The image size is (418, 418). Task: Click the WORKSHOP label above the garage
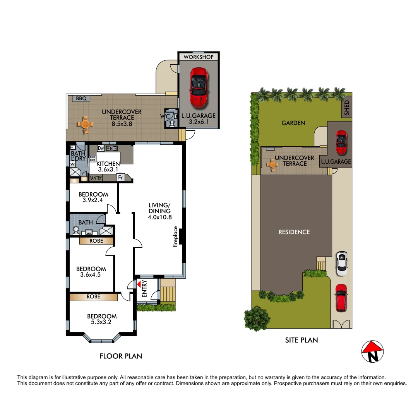tap(199, 57)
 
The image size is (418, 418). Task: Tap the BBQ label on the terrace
tap(81, 99)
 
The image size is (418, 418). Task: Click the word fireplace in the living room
tap(175, 236)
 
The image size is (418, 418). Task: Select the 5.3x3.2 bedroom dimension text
tap(101, 322)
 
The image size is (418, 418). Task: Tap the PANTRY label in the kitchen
tap(96, 178)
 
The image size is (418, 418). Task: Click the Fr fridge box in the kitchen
tap(121, 178)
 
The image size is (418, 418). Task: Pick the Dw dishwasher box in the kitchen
tap(101, 148)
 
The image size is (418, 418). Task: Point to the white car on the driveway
tap(341, 264)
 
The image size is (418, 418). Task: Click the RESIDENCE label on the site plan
tap(294, 232)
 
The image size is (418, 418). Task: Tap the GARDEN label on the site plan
tap(293, 123)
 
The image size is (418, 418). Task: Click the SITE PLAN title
tap(301, 340)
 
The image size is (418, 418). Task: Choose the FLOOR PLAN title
tap(121, 356)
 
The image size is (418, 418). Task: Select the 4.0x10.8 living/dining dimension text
tap(159, 218)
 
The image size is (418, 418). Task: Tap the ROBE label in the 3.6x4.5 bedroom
tap(96, 241)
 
